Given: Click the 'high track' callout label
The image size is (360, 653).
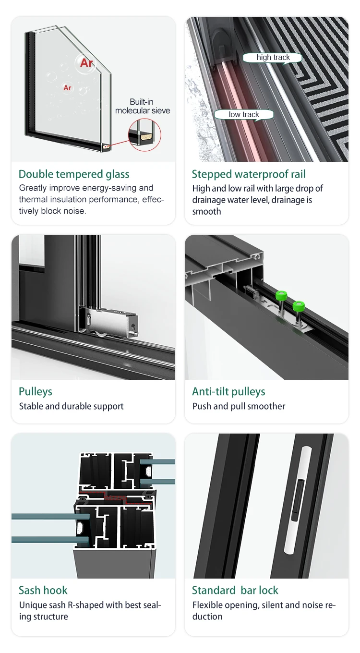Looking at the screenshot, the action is coord(273,58).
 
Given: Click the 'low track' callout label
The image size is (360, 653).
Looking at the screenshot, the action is coord(244,114).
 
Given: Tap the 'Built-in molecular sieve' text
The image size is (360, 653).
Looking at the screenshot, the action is coord(142,106).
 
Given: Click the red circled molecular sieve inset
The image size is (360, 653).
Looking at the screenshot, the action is coord(144,134).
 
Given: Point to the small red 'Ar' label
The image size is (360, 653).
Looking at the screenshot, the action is coord(67,88).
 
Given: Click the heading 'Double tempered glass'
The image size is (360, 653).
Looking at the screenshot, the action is coord(74,174).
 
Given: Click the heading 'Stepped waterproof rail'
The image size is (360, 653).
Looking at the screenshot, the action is coord(249,174).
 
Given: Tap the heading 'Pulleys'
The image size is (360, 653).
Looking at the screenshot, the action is coord(35,391).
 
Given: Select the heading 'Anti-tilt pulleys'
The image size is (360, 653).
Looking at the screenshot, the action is coord(228,391).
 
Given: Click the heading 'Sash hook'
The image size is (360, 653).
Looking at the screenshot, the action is coord(43,590).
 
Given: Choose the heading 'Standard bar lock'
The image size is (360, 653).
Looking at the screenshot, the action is coord(235,590).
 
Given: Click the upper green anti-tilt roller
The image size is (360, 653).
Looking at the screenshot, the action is coord(282,296).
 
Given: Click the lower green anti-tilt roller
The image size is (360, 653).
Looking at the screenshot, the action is coord(299,307).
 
